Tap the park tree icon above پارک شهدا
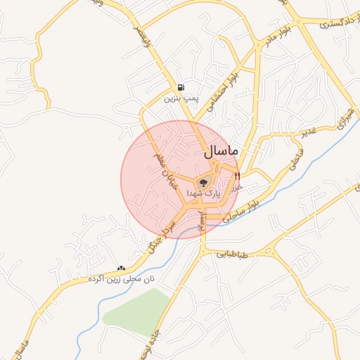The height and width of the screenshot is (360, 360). (202, 182)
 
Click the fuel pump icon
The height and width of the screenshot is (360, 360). (182, 87)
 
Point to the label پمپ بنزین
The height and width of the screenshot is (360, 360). (178, 98)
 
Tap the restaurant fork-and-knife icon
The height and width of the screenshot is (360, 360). (238, 175)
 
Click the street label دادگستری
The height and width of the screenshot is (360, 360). (333, 23)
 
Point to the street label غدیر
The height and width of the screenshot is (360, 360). (310, 133)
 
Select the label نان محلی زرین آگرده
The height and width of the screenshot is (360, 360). (120, 278)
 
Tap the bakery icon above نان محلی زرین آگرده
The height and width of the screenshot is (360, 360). (121, 267)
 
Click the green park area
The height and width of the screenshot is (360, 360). (138, 309)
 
